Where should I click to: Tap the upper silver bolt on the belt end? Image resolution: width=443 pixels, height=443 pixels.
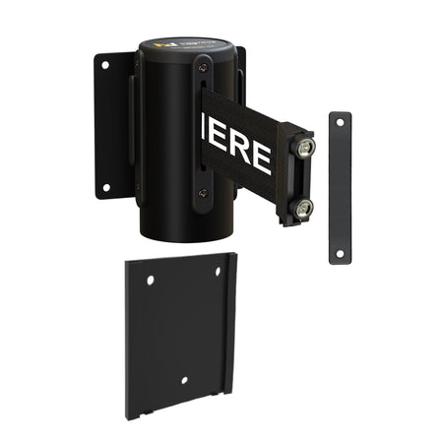[x=307, y=147]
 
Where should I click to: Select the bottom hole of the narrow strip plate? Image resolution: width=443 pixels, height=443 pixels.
[x=340, y=253]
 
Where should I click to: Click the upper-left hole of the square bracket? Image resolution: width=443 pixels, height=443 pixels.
[x=151, y=281]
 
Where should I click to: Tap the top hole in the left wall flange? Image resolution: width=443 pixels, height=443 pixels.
[x=105, y=65]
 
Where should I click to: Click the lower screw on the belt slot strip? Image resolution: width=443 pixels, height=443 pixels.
[x=203, y=194]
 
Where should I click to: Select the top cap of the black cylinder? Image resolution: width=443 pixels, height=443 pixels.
[x=187, y=49]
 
